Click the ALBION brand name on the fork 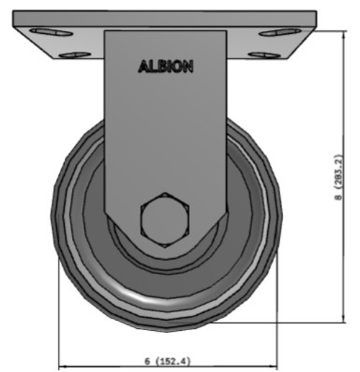165,66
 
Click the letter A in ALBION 143,66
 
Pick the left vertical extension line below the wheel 59,317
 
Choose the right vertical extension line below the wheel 277,317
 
